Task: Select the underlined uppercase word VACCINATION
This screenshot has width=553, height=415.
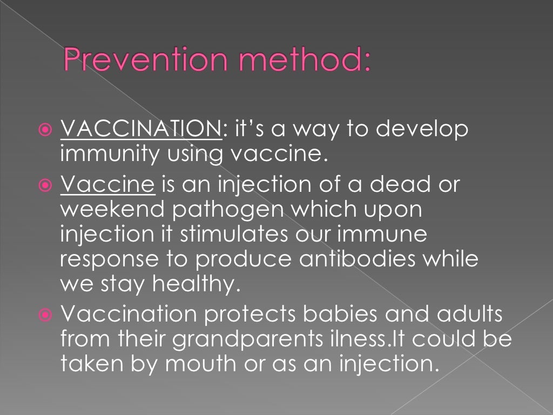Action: pos(141,130)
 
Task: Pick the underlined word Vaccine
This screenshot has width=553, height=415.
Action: pos(108,185)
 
